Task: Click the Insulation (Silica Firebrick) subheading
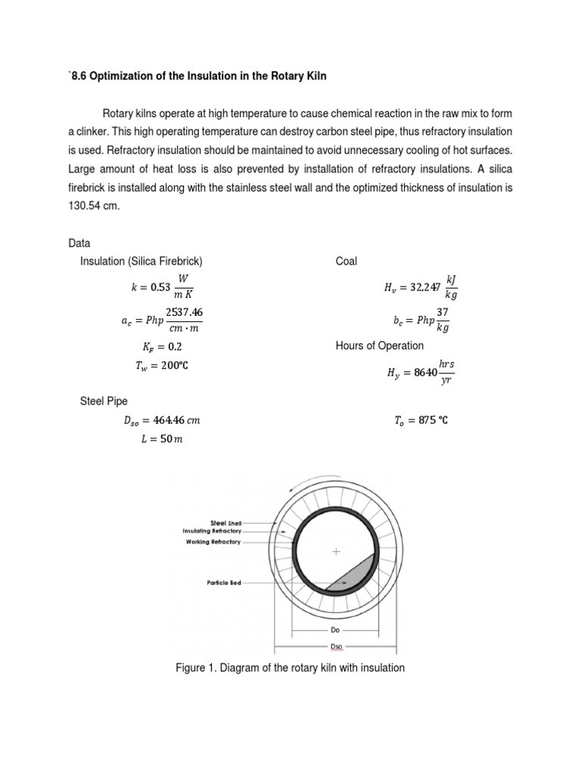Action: (141, 262)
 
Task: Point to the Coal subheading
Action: (346, 262)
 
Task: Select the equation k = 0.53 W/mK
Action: (163, 287)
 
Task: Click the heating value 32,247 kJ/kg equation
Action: (421, 287)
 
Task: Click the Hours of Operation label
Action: (380, 346)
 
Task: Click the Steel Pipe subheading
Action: (104, 401)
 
